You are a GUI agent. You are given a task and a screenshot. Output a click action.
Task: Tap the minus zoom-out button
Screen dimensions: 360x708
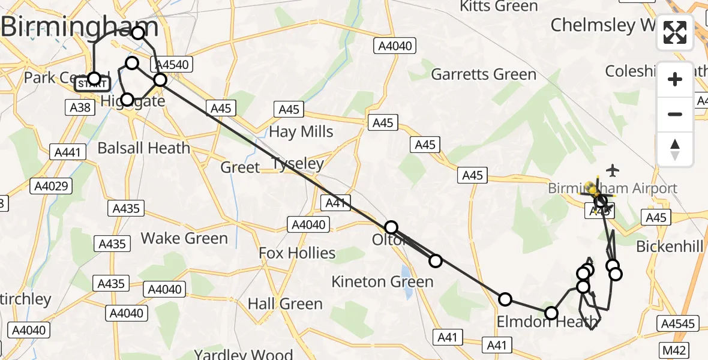(x=675, y=114)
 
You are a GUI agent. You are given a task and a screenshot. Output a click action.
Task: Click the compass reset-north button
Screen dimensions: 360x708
(x=675, y=149)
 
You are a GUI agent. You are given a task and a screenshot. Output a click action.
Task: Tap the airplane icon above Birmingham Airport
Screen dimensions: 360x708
(x=612, y=170)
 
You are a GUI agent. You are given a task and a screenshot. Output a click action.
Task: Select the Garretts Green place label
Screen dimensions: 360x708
(x=484, y=74)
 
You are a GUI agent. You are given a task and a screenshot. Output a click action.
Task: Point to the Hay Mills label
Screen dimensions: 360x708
(x=301, y=131)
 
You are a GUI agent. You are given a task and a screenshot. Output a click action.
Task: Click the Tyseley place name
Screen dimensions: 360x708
(x=298, y=163)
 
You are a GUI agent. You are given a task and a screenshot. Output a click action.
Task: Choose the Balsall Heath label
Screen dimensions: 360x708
(x=143, y=148)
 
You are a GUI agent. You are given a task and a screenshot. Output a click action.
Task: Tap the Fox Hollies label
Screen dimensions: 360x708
(x=297, y=253)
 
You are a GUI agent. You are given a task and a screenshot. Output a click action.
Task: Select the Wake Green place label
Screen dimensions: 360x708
(x=184, y=238)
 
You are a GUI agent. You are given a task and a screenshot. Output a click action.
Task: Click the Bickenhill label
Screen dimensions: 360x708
(x=669, y=246)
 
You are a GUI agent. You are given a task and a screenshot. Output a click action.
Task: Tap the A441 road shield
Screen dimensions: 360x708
(x=68, y=152)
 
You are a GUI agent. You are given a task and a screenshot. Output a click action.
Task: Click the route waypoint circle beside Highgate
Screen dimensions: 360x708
(x=127, y=100)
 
